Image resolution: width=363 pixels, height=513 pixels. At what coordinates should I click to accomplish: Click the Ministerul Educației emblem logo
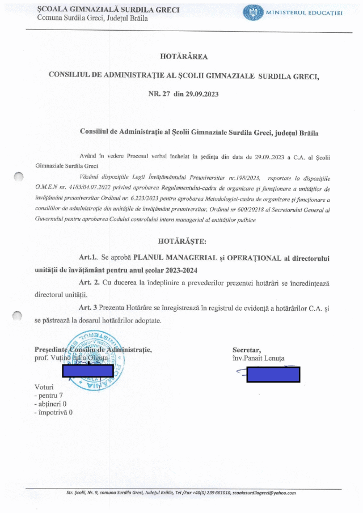(253, 13)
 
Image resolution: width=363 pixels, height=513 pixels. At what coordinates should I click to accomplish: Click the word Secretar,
(247, 350)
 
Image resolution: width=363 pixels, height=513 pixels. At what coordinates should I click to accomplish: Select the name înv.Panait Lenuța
(258, 359)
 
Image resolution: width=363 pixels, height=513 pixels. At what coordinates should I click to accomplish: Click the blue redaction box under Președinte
(88, 372)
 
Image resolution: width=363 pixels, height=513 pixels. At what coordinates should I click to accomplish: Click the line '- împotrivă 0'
(53, 413)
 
